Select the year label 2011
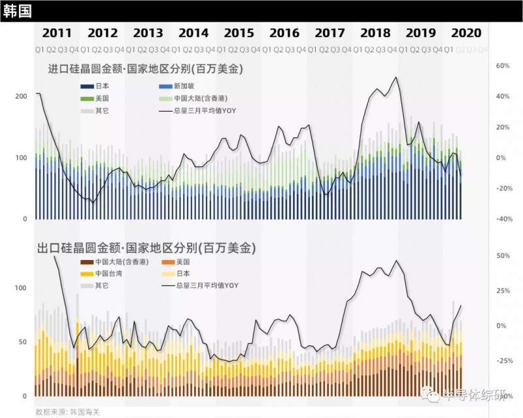57,33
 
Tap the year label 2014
194,33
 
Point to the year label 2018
375,33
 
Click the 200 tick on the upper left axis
21,96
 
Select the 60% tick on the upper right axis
503,66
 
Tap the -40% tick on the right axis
502,219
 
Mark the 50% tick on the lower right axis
503,255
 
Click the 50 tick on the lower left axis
23,342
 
